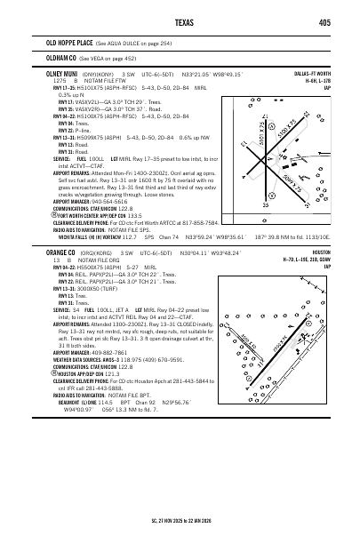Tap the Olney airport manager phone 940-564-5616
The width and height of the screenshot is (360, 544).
(103, 201)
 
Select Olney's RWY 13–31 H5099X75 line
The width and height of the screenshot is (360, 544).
(84, 139)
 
